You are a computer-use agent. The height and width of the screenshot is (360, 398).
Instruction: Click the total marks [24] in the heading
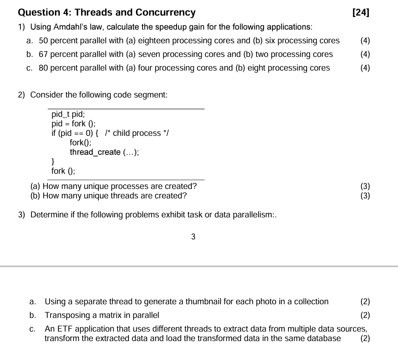click(x=360, y=13)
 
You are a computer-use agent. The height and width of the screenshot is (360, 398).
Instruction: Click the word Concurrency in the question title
click(x=166, y=13)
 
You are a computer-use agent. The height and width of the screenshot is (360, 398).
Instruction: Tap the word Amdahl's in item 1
click(x=70, y=27)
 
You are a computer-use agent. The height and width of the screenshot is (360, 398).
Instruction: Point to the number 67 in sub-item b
click(x=44, y=55)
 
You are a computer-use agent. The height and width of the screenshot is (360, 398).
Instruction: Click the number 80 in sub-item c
click(x=44, y=68)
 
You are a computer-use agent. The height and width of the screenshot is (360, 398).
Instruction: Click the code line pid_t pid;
click(x=68, y=114)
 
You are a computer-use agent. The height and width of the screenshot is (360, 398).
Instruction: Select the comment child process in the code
click(x=137, y=133)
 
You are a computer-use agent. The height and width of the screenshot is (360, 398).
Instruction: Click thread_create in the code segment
click(x=95, y=152)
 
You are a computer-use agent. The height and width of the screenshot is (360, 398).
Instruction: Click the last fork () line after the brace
click(x=63, y=171)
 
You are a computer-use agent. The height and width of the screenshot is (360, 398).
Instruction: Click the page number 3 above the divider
click(x=193, y=237)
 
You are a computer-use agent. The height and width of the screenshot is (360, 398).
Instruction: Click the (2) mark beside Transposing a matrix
click(x=365, y=316)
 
